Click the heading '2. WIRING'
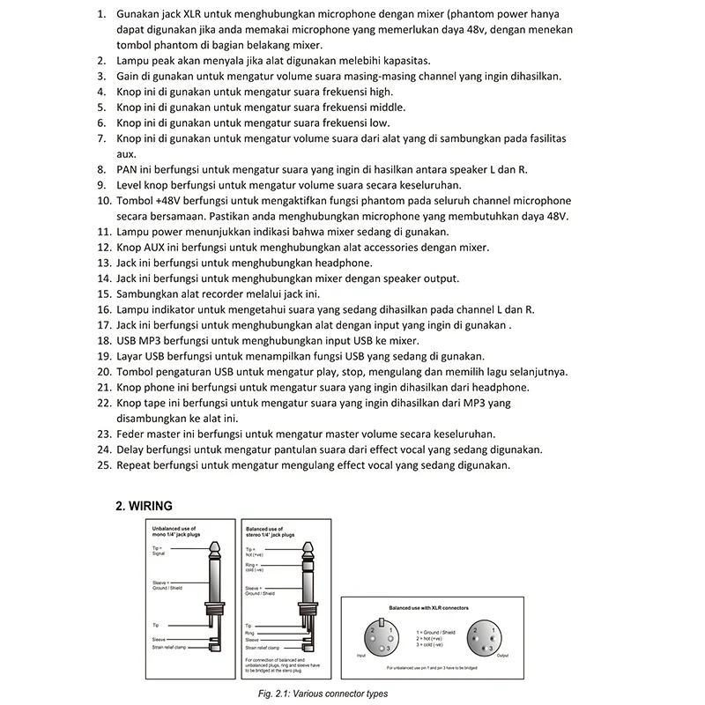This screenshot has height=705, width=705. pyautogui.click(x=145, y=506)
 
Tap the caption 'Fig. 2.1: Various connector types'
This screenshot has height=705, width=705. pyautogui.click(x=317, y=694)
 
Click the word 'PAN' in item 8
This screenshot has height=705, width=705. pyautogui.click(x=129, y=169)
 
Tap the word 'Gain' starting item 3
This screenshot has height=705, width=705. pyautogui.click(x=130, y=77)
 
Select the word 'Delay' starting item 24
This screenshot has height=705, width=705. pyautogui.click(x=132, y=449)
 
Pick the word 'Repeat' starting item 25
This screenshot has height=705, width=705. pyautogui.click(x=136, y=465)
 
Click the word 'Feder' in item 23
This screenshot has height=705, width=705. pyautogui.click(x=133, y=434)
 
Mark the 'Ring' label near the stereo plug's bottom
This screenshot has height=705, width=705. pyautogui.click(x=249, y=632)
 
